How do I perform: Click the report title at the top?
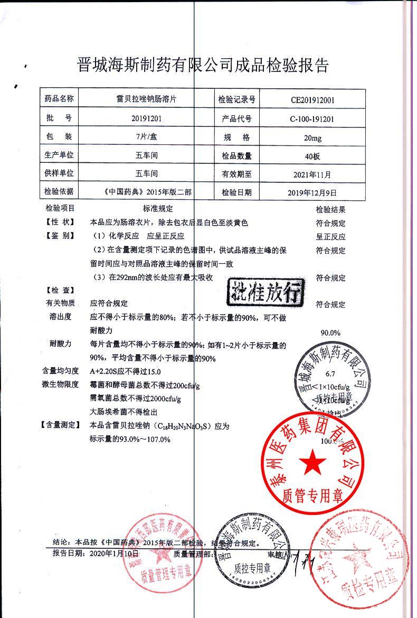tap(203, 66)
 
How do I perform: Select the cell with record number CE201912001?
tap(313, 99)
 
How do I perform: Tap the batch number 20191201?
tap(145, 118)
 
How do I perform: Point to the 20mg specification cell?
tap(313, 138)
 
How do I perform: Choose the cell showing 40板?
tap(313, 156)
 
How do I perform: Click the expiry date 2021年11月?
tap(313, 174)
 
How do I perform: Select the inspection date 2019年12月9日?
tap(313, 192)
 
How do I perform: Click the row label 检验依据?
tap(59, 191)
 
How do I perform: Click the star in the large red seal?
tap(312, 462)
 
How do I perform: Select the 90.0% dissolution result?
tap(331, 333)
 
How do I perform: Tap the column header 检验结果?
tap(331, 209)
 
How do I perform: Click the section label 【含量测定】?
tap(60, 425)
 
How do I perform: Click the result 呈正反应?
tap(331, 237)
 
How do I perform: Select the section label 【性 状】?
tap(59, 223)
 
